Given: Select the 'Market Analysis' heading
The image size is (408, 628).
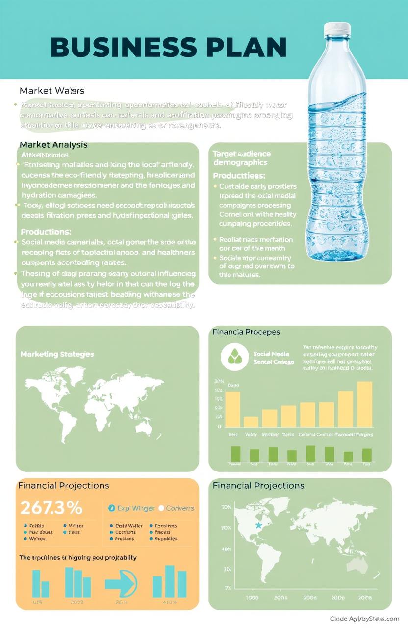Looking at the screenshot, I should tap(53, 144).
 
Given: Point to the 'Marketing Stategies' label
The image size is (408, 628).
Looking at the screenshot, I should tap(57, 354).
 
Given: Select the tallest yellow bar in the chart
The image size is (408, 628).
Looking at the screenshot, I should tap(364, 404).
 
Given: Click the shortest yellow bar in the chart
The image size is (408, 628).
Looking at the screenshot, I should tap(251, 422).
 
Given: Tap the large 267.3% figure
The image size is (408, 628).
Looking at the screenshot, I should tap(51, 507).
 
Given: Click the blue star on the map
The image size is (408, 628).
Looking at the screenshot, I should tap(258, 525).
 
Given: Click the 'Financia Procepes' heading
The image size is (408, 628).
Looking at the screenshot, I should tap(246, 332).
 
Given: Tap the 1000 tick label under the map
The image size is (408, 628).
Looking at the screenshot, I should tap(252, 598).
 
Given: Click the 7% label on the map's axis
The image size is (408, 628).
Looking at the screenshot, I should tap(228, 587).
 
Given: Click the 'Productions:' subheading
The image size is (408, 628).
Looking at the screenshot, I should tap(46, 231).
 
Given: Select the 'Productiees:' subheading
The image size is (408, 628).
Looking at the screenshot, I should tap(239, 175).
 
